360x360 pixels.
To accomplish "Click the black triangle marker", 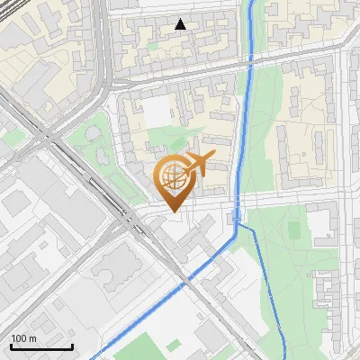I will pyautogui.click(x=181, y=24).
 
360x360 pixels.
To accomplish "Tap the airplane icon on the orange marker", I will pyautogui.click(x=200, y=163).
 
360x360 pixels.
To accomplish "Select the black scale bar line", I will pyautogui.click(x=41, y=346).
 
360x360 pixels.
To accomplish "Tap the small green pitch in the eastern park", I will pyautogui.click(x=293, y=229).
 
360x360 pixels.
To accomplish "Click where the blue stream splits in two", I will pyautogui.click(x=237, y=225).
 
